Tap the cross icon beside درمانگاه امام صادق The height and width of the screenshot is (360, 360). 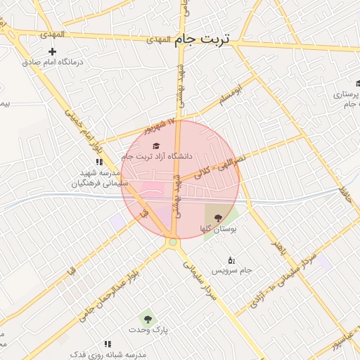(x=52, y=51)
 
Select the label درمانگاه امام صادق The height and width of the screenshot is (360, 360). (x=53, y=62)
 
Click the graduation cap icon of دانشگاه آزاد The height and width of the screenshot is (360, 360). (x=156, y=146)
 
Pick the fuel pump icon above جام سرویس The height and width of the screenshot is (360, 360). (x=232, y=260)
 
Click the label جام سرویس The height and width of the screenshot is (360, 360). (x=236, y=271)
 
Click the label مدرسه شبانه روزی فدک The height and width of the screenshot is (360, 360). (x=112, y=354)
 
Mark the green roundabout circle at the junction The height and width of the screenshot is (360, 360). (x=172, y=242)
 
